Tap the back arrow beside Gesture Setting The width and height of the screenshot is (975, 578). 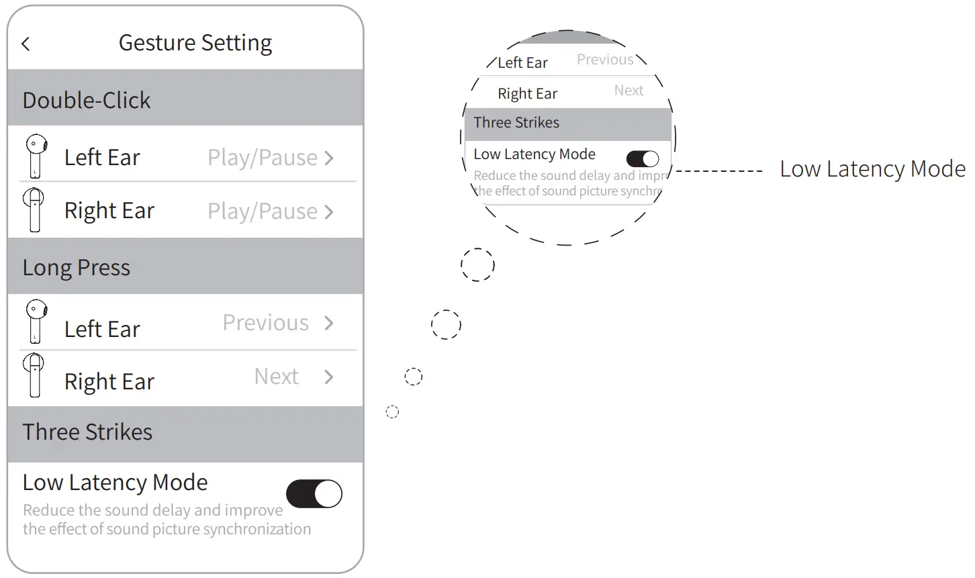(x=26, y=44)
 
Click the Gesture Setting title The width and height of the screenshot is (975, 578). (x=195, y=43)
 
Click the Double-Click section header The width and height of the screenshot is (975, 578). (x=87, y=100)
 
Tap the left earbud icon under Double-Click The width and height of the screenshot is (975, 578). (x=36, y=156)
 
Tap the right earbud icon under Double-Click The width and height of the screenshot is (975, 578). (x=34, y=209)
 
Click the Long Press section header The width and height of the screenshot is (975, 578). (x=77, y=268)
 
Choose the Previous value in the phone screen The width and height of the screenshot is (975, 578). (x=266, y=323)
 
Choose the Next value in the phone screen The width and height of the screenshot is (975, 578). (x=276, y=377)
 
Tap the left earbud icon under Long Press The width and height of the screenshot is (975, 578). (x=36, y=322)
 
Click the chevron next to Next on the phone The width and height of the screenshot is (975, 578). (x=329, y=377)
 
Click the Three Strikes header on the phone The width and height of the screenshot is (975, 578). (x=87, y=432)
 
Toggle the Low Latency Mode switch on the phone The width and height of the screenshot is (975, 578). (x=314, y=494)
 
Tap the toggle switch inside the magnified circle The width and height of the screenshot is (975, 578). (x=643, y=158)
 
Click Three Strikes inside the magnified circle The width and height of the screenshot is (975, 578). (x=516, y=123)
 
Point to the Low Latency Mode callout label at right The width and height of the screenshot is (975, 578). (x=872, y=169)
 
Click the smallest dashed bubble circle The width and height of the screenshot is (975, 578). (x=393, y=412)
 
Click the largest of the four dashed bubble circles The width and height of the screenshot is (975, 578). (x=477, y=264)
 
